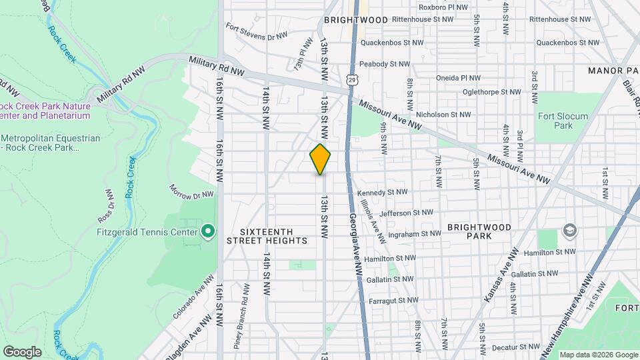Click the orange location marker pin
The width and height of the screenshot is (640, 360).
click(321, 159)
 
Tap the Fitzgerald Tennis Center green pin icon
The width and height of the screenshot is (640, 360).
click(208, 231)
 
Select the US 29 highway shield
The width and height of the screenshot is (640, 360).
click(351, 79)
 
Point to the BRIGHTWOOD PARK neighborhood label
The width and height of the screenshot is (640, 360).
click(479, 231)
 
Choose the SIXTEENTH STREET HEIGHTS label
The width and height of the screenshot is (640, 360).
click(267, 240)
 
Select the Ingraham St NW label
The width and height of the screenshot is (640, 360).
click(414, 234)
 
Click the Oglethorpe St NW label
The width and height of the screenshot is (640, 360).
click(491, 91)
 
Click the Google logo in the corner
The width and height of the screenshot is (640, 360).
click(22, 351)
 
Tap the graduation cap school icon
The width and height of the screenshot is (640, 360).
click(570, 231)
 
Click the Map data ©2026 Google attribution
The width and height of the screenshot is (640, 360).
click(598, 355)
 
